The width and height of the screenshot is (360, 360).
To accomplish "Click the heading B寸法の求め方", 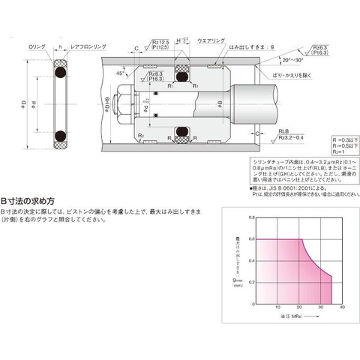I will [x=28, y=202].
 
